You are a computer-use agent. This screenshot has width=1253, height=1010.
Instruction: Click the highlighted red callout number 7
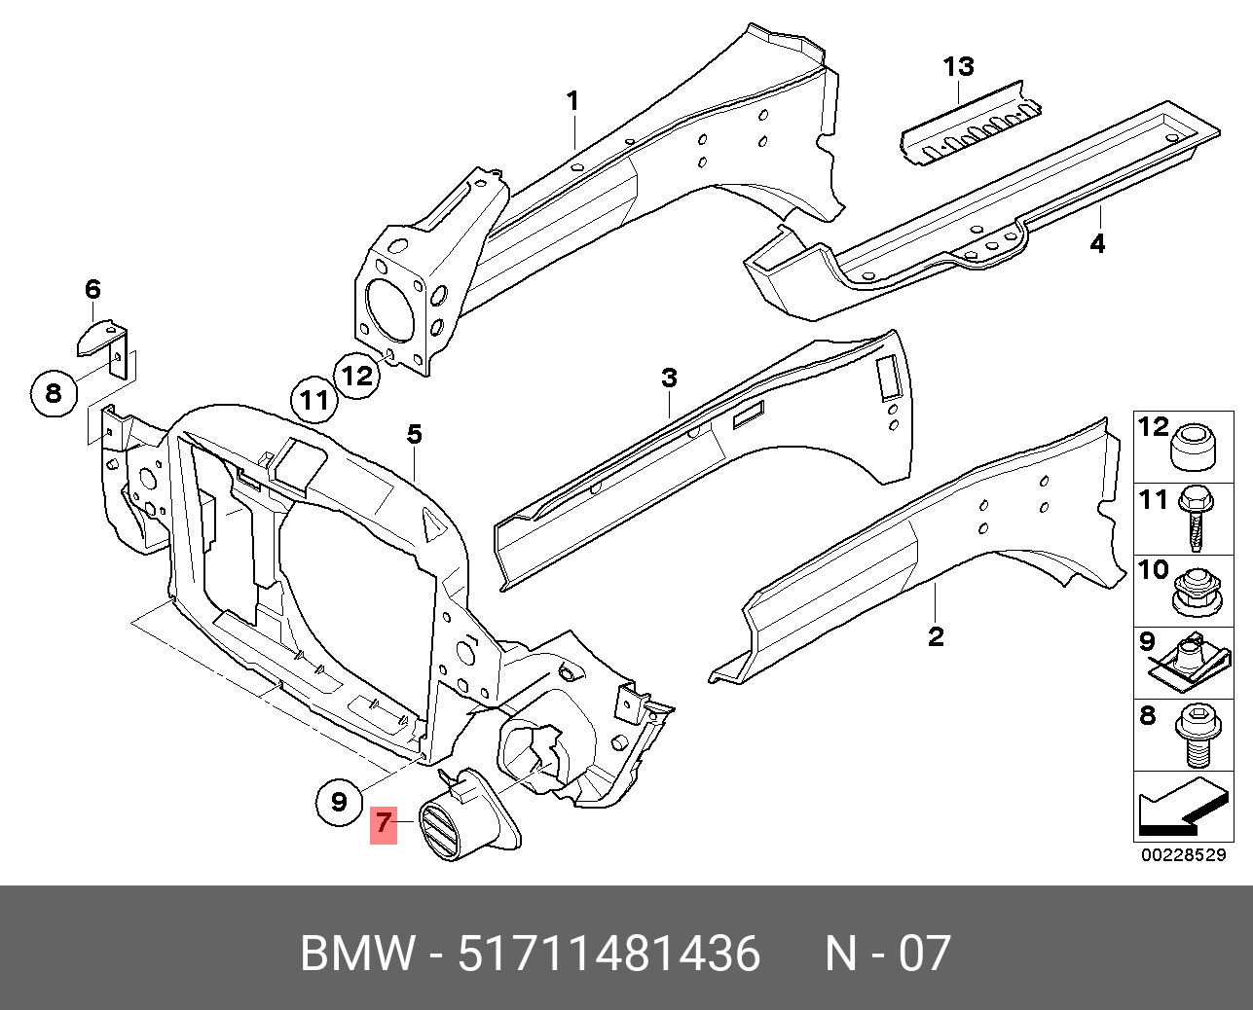point(385,824)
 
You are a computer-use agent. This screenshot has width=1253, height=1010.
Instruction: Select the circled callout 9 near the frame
point(338,801)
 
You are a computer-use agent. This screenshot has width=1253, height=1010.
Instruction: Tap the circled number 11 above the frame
point(314,400)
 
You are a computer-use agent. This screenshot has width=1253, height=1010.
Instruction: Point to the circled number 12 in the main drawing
point(357,375)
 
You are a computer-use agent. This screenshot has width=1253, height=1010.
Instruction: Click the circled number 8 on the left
point(53,393)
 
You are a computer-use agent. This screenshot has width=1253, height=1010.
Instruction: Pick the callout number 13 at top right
point(958,67)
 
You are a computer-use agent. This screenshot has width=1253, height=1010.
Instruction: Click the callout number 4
point(1097,243)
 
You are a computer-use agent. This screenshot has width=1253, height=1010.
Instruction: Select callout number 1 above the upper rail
point(573,100)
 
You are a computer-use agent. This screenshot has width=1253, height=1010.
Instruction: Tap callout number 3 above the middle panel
point(669,378)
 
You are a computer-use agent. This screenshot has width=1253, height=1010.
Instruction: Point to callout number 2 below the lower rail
point(935,637)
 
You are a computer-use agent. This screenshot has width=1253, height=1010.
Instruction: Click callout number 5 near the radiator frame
point(414,434)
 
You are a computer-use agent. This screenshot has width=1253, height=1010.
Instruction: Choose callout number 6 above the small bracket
point(92,289)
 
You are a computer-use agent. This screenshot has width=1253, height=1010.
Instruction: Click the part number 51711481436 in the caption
point(608,955)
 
